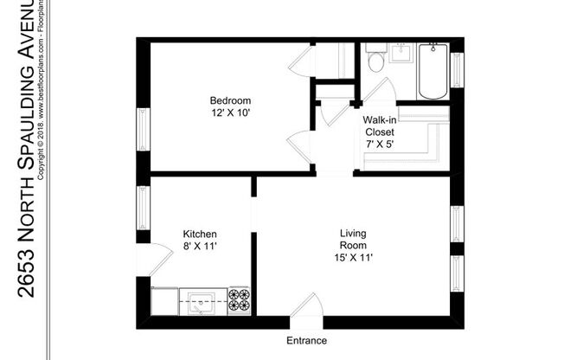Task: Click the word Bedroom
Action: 229,100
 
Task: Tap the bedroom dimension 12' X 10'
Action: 229,113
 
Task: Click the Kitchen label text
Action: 199,235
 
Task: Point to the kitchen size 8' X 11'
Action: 199,247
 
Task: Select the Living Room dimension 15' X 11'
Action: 352,257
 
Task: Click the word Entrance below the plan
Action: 306,340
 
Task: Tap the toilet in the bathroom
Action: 376,61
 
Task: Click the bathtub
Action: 432,71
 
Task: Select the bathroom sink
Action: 401,53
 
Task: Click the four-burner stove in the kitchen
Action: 239,300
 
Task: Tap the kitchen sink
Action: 202,302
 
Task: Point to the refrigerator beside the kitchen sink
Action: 164,302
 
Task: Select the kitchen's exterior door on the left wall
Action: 151,258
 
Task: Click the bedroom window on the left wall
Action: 143,129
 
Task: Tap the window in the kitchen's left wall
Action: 143,208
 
